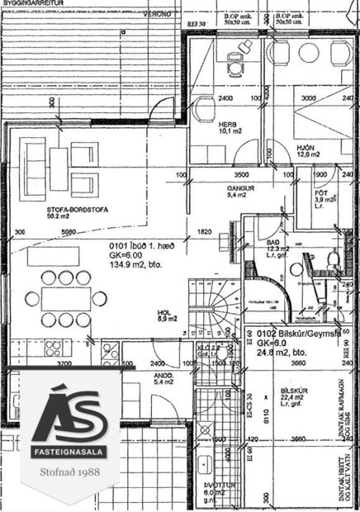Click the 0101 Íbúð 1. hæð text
click(145, 246)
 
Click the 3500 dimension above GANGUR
click(241, 176)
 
